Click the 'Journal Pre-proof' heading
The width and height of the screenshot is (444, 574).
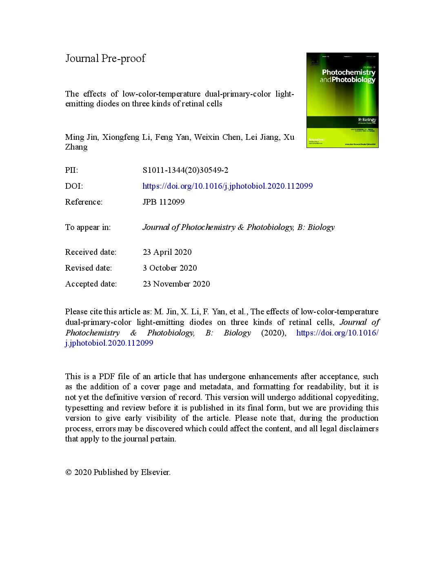tap(105, 58)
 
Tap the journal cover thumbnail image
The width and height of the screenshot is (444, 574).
tap(342, 100)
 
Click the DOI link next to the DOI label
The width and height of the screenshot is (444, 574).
tap(227, 186)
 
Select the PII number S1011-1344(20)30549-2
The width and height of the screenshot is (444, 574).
tap(185, 170)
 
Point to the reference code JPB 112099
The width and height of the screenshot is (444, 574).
tap(163, 202)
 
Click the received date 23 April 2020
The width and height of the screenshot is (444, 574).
tap(167, 252)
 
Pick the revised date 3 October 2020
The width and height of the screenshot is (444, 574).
tap(170, 268)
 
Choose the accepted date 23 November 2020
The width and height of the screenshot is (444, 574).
tap(176, 284)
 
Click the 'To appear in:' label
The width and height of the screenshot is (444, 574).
tap(88, 227)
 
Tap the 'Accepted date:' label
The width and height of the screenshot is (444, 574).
tap(91, 284)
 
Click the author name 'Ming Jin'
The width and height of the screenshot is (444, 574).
tap(81, 137)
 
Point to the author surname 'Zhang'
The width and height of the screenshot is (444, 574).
tap(76, 147)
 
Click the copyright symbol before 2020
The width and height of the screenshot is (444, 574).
tap(69, 472)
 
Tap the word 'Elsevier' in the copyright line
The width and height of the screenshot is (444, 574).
tap(155, 472)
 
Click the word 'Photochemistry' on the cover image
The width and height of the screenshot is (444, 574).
tap(349, 72)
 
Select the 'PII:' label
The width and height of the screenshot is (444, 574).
tap(71, 170)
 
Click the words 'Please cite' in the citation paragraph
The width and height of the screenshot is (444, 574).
tap(83, 311)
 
